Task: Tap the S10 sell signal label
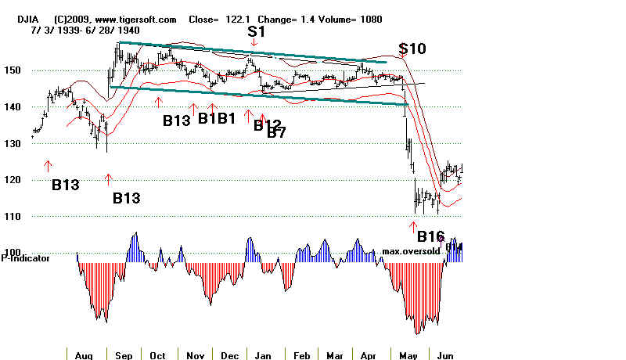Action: click(412, 49)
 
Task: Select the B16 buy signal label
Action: click(430, 236)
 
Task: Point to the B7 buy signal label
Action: click(276, 133)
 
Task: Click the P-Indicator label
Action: click(26, 257)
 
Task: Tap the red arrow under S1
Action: click(253, 42)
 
